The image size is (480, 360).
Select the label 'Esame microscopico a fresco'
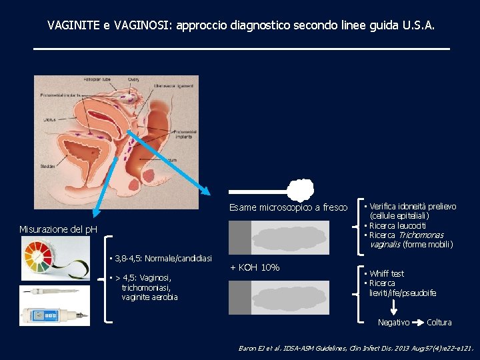pyautogui.click(x=288, y=208)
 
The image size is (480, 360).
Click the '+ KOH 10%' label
pyautogui.click(x=254, y=268)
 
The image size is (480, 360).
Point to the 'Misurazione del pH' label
pyautogui.click(x=58, y=229)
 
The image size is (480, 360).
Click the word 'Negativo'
pyautogui.click(x=393, y=323)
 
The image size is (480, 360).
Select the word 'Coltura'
pyautogui.click(x=439, y=323)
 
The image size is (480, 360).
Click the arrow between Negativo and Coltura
pyautogui.click(x=418, y=323)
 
